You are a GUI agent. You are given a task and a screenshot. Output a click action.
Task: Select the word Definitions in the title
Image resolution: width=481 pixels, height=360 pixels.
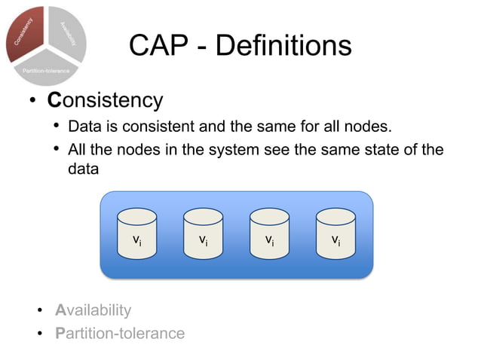click(283, 46)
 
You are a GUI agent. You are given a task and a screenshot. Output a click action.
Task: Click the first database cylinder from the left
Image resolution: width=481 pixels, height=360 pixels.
click(137, 233)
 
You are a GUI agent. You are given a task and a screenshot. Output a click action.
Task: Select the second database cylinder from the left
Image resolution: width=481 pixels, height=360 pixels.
click(203, 233)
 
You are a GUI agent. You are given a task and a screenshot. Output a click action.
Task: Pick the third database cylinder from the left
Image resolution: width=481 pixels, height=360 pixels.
click(269, 233)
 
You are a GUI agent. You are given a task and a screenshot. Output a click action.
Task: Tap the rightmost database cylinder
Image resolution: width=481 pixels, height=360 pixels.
click(335, 233)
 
